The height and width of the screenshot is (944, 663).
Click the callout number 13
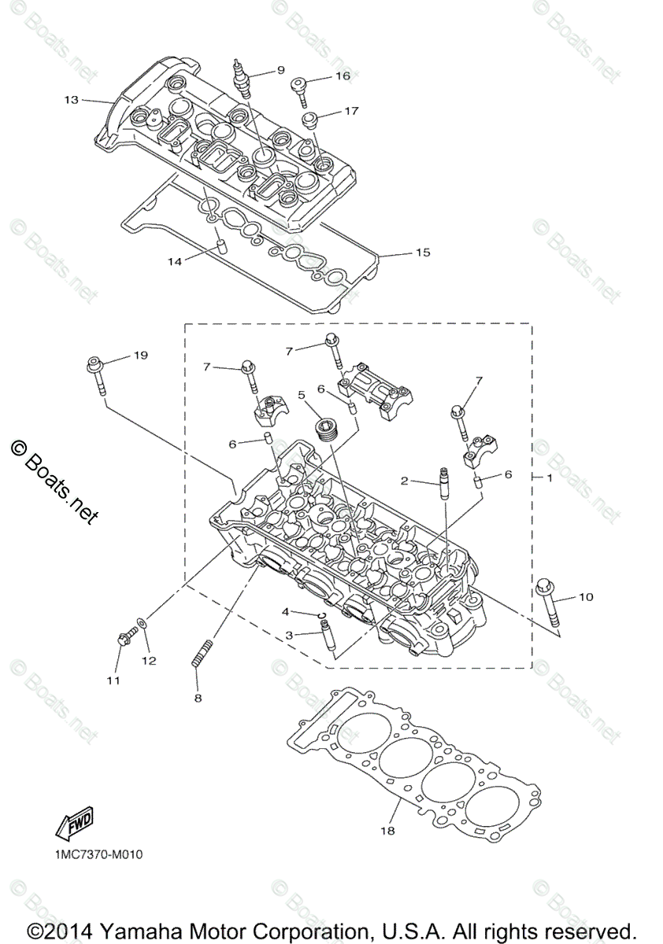(72, 100)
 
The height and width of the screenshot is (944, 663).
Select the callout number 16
(343, 76)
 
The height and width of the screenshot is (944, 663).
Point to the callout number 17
(350, 111)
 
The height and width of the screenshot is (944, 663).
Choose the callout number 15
(423, 253)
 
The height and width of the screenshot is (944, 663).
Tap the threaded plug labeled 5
(323, 429)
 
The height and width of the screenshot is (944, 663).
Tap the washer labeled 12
(140, 624)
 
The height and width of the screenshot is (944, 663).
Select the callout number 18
(387, 830)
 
